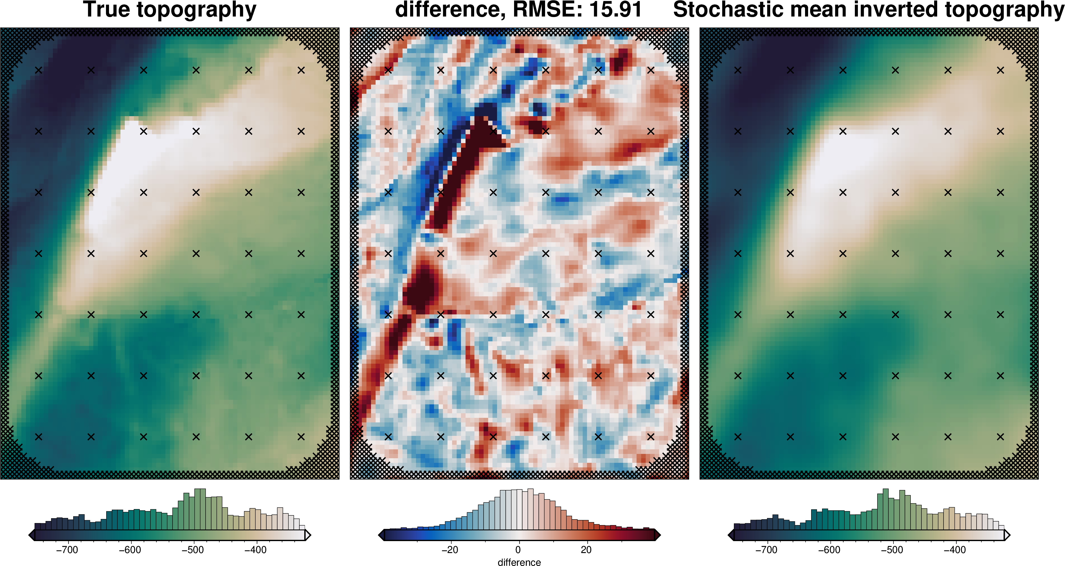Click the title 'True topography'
169,10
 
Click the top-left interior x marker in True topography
38,70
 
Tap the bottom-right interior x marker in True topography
301,437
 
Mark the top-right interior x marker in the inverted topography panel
1000,70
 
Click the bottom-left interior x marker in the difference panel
388,437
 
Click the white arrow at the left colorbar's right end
307,535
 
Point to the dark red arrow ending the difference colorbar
657,535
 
